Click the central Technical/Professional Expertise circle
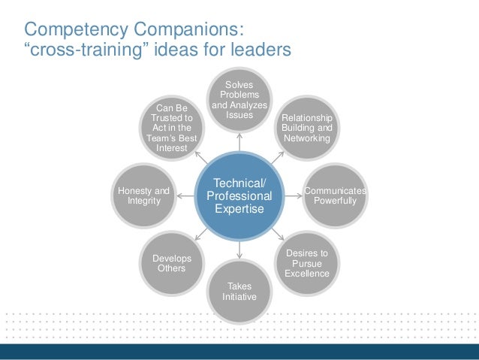[239, 196]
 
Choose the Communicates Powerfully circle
[334, 196]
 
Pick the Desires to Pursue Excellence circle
[306, 263]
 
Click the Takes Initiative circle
[239, 291]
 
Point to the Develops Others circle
[172, 263]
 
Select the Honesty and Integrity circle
[144, 196]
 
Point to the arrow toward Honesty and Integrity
[186, 196]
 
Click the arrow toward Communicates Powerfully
[293, 196]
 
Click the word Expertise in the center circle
[239, 209]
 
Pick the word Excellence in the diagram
[306, 274]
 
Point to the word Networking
[306, 139]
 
